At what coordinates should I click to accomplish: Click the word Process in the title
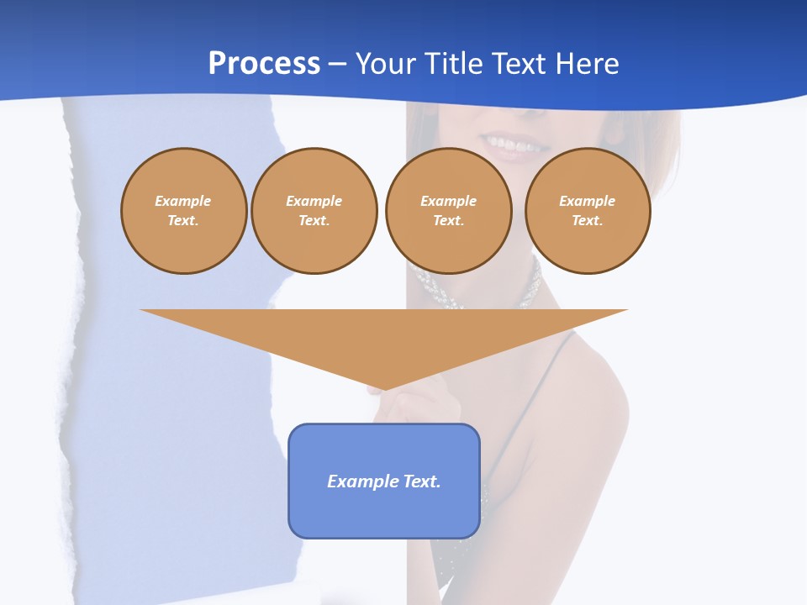click(264, 64)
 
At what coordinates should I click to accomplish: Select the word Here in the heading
click(586, 64)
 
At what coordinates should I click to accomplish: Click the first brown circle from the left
click(183, 211)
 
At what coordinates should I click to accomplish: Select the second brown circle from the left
click(314, 211)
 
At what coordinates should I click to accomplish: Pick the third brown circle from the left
click(448, 211)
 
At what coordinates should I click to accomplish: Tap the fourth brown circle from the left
click(587, 211)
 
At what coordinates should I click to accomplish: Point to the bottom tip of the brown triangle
click(385, 388)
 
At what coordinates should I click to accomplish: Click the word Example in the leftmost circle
click(183, 202)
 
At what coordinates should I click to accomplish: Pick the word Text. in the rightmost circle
click(587, 221)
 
